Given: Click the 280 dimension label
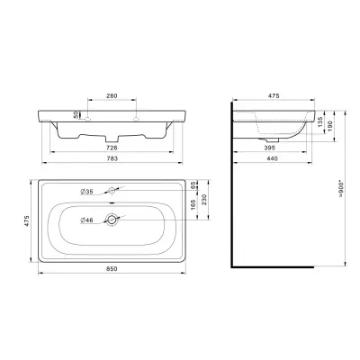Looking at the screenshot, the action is [x=112, y=96].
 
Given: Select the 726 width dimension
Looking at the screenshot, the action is [x=112, y=148].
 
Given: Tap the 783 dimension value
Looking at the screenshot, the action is [x=112, y=158].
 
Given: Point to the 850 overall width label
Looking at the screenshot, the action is [x=112, y=269].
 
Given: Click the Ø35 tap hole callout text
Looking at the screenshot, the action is [x=86, y=192].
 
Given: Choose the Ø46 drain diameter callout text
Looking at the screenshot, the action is [x=86, y=220].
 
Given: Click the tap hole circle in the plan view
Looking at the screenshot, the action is [x=112, y=190].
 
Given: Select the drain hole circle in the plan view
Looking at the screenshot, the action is [x=112, y=220].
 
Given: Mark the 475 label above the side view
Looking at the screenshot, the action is [x=274, y=96].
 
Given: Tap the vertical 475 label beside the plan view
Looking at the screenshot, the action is [x=27, y=220].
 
